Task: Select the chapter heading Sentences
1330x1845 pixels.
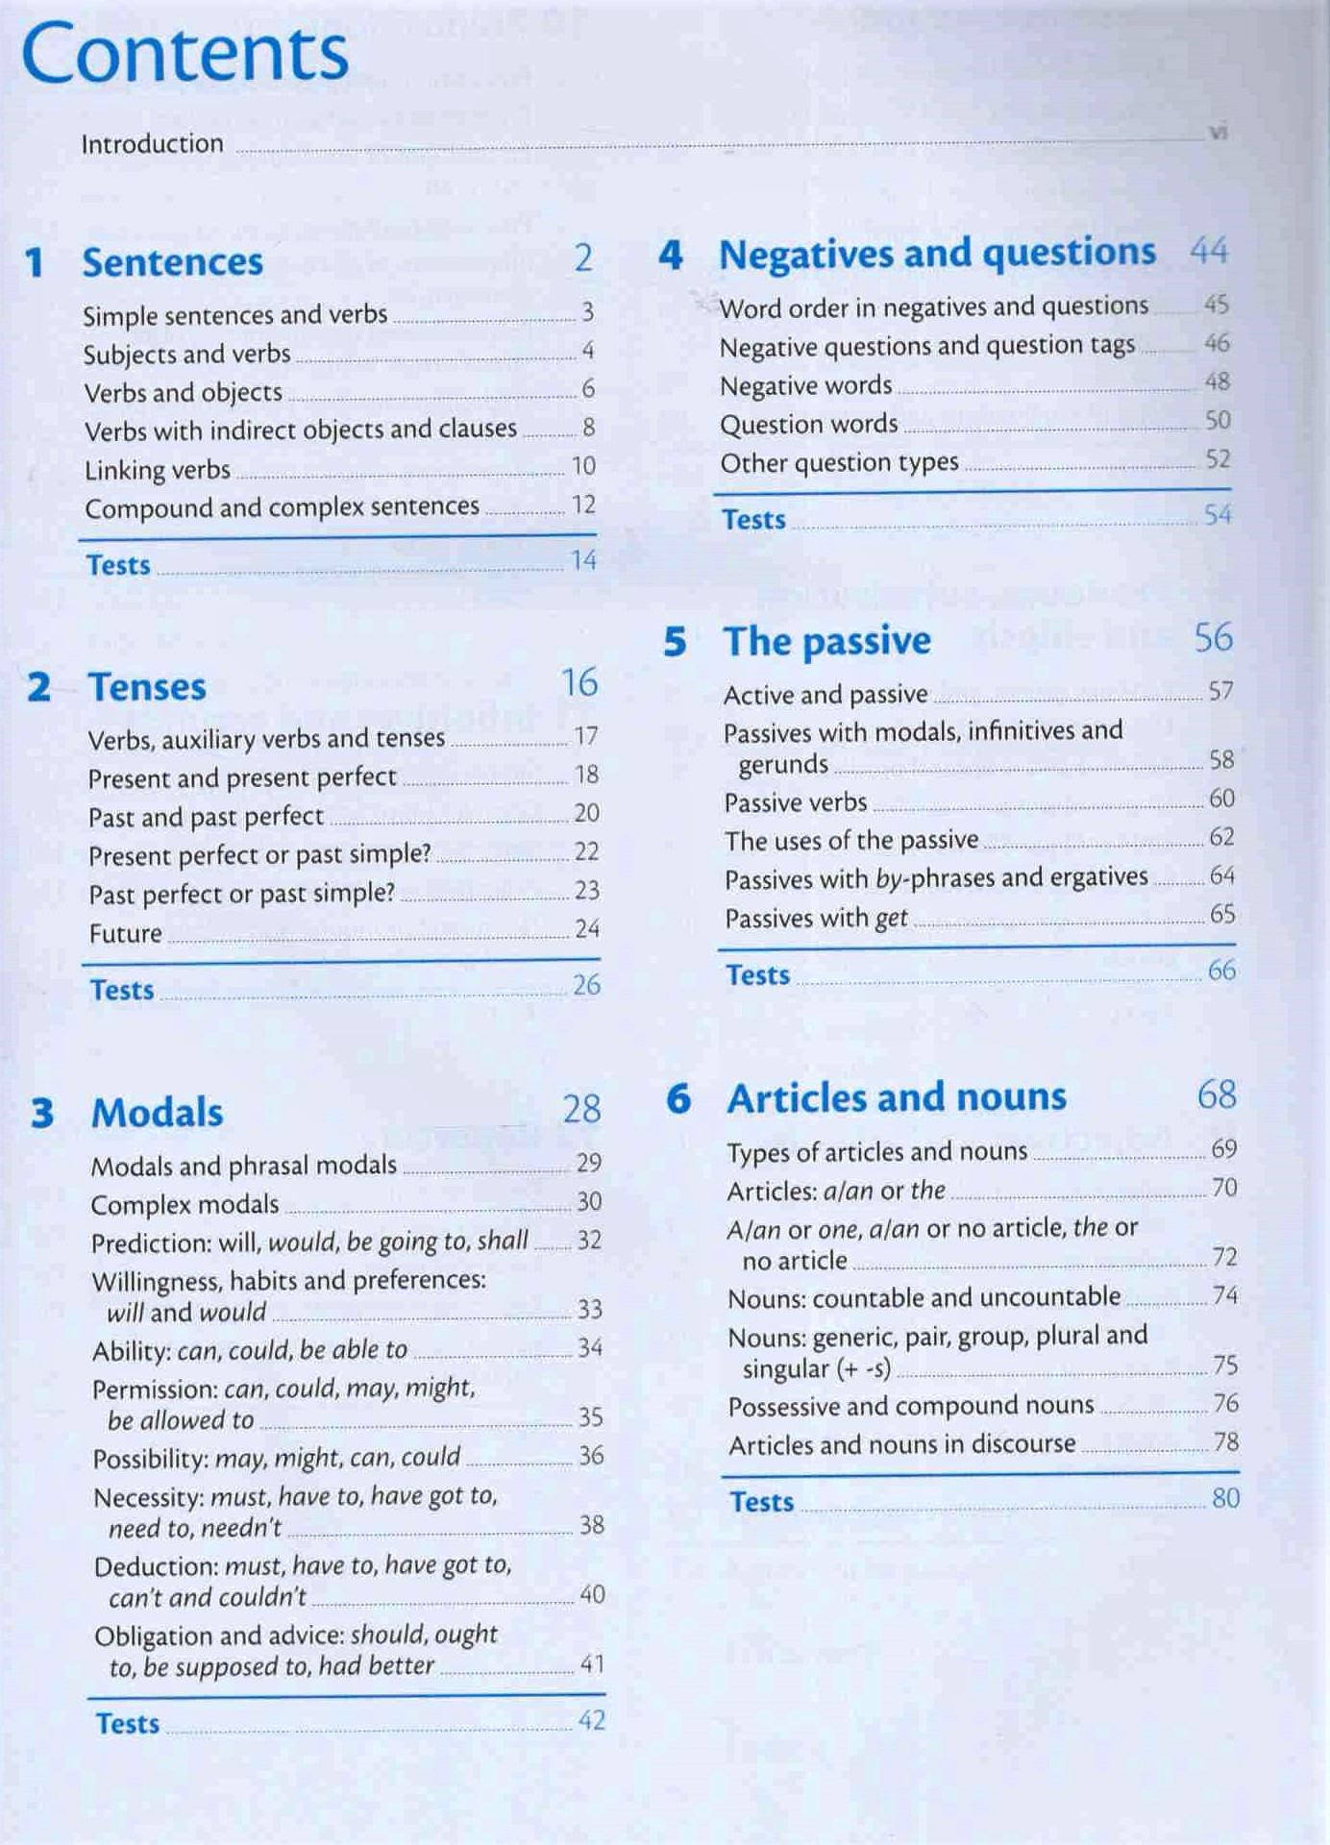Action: coord(172,262)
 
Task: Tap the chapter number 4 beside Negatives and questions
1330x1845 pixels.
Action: coord(670,255)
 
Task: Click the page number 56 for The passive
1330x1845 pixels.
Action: coord(1213,637)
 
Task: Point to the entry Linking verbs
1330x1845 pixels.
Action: coord(158,470)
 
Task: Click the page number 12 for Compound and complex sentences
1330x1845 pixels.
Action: coord(583,504)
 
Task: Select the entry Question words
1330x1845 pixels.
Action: coord(808,424)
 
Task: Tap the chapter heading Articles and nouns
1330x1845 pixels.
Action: coord(896,1097)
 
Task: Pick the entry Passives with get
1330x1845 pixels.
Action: coord(816,919)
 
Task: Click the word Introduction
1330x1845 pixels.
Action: coord(152,144)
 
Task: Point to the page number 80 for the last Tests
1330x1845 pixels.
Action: coord(1225,1498)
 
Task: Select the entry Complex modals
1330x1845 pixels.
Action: coord(185,1204)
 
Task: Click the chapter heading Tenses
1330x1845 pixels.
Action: coord(146,687)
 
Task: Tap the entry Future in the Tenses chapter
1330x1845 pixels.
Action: coord(125,933)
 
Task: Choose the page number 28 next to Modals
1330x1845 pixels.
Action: coord(581,1109)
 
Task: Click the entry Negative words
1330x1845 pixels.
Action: coord(805,385)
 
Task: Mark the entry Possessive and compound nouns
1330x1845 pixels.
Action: coord(910,1406)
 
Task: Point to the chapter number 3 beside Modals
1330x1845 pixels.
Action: coord(42,1113)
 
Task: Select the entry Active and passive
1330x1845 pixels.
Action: coord(825,694)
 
